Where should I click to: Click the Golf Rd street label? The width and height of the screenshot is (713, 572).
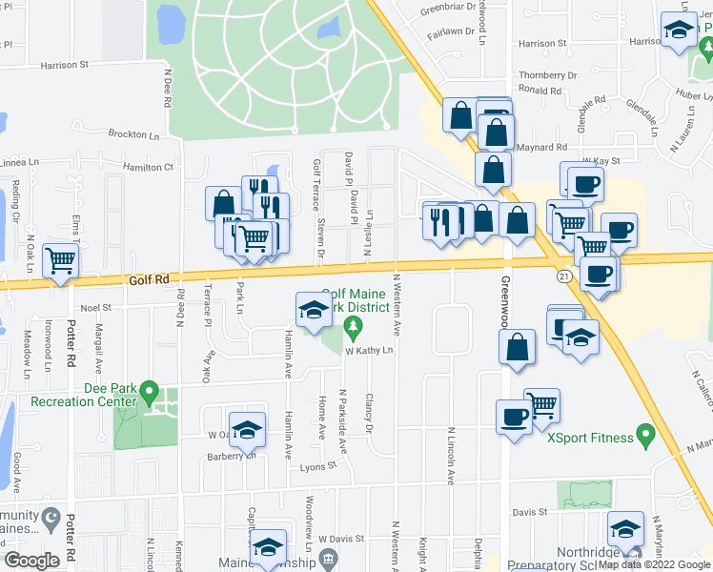click(148, 279)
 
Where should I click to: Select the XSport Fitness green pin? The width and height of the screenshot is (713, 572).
click(645, 438)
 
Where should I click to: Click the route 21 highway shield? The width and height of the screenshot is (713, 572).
click(563, 275)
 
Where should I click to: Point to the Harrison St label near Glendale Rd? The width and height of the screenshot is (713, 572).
click(542, 44)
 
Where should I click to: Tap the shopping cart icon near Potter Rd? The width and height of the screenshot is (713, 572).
click(61, 258)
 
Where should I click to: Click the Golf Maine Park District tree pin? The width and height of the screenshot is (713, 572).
click(354, 330)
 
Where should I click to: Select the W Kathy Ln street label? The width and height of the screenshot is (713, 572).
click(368, 351)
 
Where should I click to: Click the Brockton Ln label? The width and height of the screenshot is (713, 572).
click(133, 134)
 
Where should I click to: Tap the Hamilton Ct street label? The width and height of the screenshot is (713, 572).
click(149, 167)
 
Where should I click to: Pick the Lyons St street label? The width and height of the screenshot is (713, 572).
click(318, 465)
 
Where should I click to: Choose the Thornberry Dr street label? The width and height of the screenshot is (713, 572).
click(548, 74)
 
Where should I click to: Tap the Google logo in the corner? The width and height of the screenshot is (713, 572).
click(32, 561)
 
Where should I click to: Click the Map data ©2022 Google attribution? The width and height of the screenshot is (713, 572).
click(654, 564)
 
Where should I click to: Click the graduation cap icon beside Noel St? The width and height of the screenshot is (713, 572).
click(312, 309)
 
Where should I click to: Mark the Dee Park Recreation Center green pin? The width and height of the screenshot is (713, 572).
click(148, 391)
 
